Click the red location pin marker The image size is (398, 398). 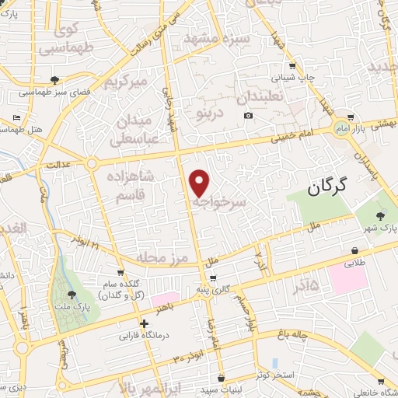[200, 182]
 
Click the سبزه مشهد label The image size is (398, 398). [215, 36]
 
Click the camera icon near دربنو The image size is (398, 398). [248, 116]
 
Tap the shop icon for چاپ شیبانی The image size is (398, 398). [292, 66]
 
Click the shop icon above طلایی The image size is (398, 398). [354, 251]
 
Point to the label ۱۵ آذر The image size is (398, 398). [303, 287]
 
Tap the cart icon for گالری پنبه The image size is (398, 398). [212, 278]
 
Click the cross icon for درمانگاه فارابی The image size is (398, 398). [144, 324]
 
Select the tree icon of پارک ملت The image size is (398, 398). [72, 294]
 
